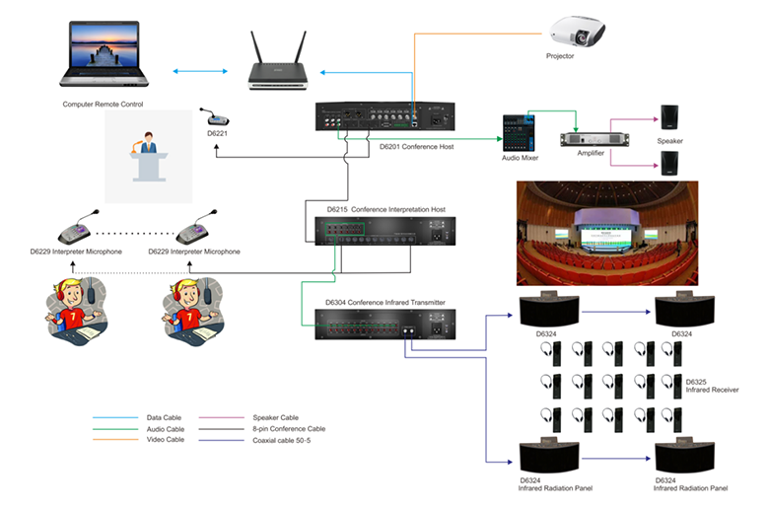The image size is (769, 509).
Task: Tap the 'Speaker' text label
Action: (x=669, y=141)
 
